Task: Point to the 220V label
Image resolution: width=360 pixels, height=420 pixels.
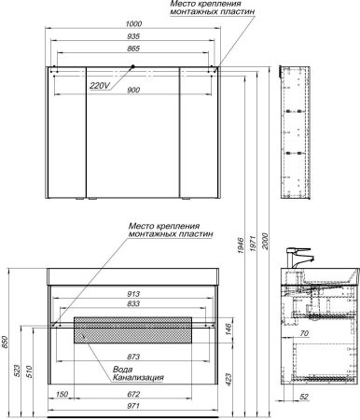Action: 100,86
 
